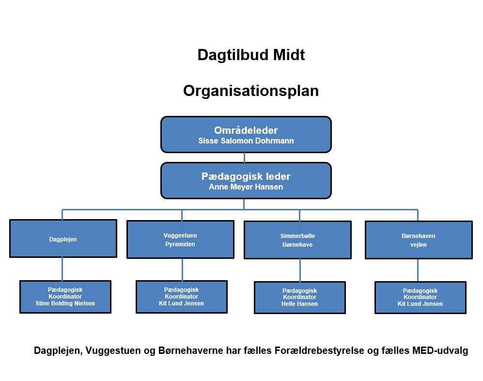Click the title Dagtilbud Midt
251,55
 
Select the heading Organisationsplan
251,91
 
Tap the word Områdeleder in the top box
246,130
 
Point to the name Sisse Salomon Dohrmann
246,141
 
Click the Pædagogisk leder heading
246,176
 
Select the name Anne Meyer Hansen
246,187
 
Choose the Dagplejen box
63,239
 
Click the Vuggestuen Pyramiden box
180,240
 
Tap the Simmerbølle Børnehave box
297,240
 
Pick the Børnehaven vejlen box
418,240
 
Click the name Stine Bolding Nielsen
65,303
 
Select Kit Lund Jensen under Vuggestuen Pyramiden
181,303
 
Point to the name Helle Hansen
299,304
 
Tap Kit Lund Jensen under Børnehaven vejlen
420,304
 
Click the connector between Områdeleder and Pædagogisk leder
244,158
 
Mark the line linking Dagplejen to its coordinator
62,269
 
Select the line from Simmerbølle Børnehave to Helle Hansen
299,270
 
